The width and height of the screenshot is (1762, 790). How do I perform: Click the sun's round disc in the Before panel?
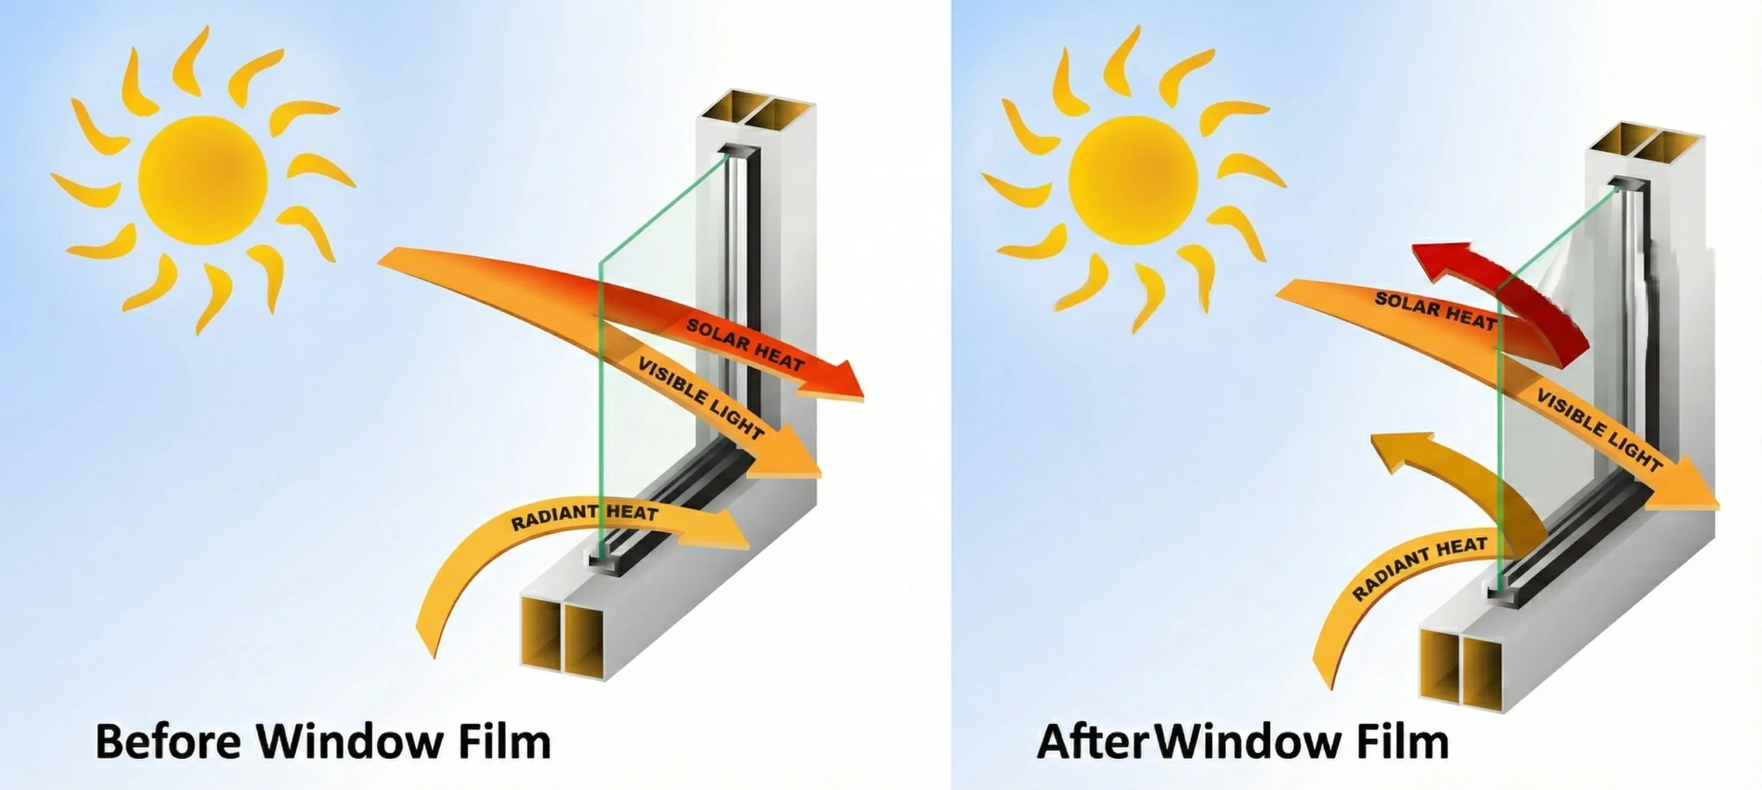click(202, 180)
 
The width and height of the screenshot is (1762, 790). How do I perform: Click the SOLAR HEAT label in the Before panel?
click(745, 344)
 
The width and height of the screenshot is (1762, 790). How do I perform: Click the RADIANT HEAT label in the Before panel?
click(584, 517)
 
